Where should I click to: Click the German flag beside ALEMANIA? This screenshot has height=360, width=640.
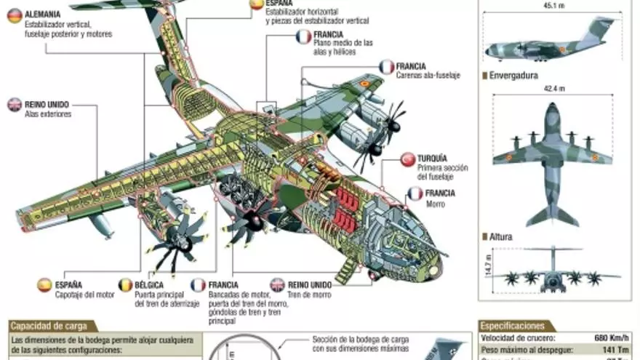(x=15, y=15)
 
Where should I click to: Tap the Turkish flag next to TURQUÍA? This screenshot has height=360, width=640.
(x=408, y=160)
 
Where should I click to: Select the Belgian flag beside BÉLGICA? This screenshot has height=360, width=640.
(x=125, y=285)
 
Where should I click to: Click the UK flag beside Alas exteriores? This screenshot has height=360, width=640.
(x=15, y=105)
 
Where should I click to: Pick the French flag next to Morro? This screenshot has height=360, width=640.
(x=415, y=193)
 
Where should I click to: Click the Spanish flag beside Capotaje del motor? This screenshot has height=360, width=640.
(x=44, y=285)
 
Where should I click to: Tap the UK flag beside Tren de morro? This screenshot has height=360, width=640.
(x=277, y=285)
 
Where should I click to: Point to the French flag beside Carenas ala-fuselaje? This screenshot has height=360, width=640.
(x=386, y=67)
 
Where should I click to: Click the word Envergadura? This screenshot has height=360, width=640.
(x=513, y=76)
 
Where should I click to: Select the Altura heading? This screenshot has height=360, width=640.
(x=502, y=237)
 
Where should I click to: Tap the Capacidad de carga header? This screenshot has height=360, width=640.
(x=48, y=327)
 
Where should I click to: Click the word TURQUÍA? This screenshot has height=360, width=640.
(x=433, y=159)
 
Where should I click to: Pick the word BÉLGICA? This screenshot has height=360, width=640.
(x=149, y=284)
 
